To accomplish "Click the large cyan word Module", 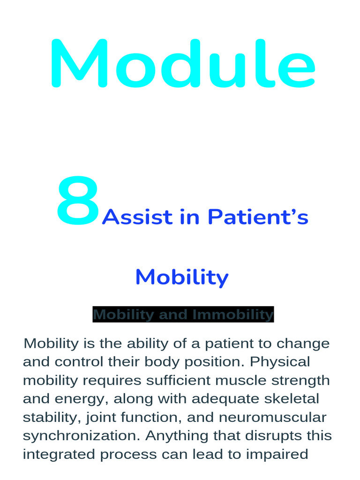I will click(x=182, y=64).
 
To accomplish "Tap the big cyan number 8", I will click(x=78, y=202).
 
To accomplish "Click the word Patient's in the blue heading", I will click(x=258, y=217).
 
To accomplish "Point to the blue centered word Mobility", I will click(x=182, y=277).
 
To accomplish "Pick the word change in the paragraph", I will click(x=303, y=344).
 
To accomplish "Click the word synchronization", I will click(x=81, y=436).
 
